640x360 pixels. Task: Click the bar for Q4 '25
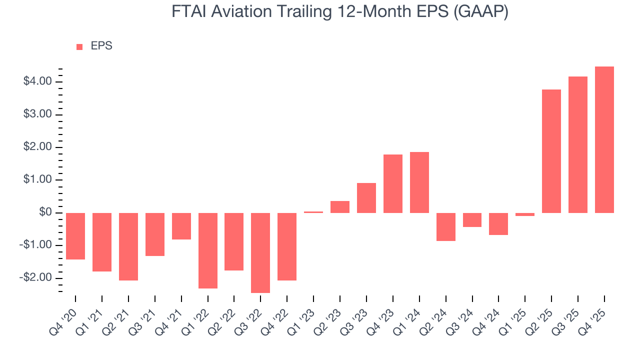[604, 139]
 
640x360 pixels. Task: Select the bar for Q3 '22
[260, 252]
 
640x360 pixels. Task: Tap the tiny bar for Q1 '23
[313, 212]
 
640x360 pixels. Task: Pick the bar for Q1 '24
[419, 182]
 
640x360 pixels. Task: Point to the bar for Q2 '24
[446, 227]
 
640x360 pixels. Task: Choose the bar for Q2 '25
[551, 151]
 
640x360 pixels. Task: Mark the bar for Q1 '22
[207, 250]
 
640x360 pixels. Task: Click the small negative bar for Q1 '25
[525, 214]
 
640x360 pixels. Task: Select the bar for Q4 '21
[181, 226]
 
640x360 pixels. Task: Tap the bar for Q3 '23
[366, 198]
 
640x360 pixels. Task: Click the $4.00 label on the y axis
[37, 81]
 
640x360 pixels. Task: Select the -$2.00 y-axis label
[36, 278]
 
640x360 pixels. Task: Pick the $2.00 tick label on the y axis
[37, 147]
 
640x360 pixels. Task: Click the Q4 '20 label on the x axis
[64, 314]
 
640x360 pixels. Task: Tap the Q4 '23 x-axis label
[381, 314]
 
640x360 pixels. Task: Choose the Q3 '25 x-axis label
[566, 314]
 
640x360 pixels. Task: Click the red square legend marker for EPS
[79, 46]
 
